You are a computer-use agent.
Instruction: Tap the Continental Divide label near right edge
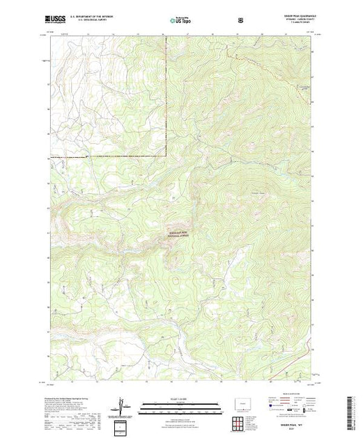[304, 88]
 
